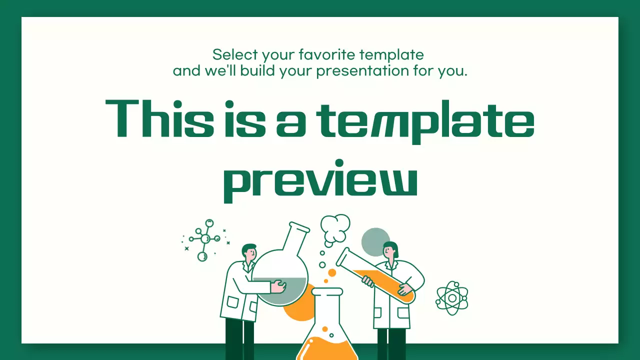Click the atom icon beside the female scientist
pos(451,298)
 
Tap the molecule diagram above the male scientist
pos(204,239)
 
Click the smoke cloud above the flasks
pos(334,228)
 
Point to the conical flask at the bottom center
pos(327,330)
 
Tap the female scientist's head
pos(390,249)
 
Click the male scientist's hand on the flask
pos(278,287)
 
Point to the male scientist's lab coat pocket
pos(233,302)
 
